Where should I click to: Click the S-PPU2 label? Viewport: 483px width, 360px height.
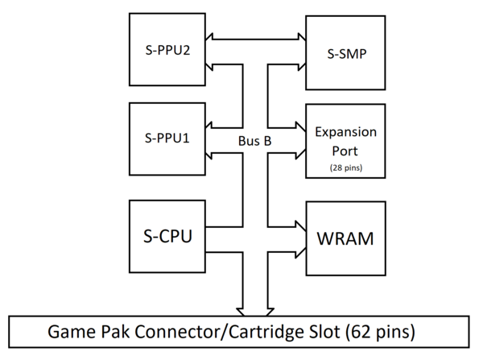167,50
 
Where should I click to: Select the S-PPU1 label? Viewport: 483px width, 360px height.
167,138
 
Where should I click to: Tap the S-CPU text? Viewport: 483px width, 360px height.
168,237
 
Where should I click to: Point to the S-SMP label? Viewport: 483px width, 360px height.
347,54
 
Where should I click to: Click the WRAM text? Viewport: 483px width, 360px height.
345,238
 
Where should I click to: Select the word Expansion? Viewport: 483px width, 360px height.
345,132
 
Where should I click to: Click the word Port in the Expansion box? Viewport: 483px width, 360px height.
345,151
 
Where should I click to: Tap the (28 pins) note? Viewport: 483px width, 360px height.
346,168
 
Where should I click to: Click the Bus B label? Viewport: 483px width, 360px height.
254,141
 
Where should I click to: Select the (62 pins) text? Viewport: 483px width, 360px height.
380,332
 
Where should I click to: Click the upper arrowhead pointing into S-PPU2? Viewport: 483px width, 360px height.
209,39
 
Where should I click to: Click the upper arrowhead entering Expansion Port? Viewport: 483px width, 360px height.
301,127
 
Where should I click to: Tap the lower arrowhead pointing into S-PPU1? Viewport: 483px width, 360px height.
208,153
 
